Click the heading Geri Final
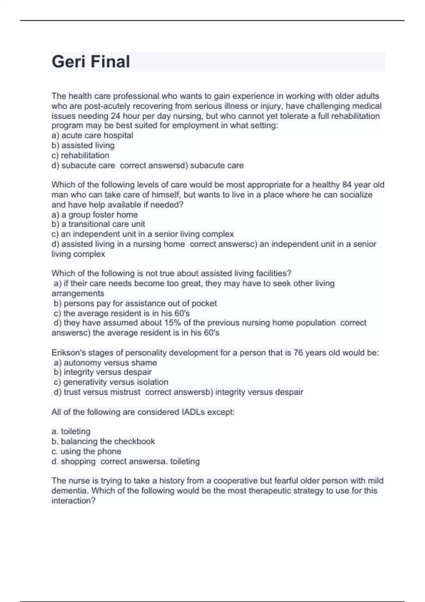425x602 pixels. click(91, 62)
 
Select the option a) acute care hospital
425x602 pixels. click(92, 135)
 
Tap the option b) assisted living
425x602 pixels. click(83, 145)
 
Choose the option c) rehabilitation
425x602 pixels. click(80, 155)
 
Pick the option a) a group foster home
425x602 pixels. click(95, 215)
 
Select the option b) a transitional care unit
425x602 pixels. click(98, 224)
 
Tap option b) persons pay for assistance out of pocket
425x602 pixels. click(135, 303)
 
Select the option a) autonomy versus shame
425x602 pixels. click(105, 363)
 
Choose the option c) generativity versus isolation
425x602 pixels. click(111, 382)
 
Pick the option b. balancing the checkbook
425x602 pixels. click(103, 441)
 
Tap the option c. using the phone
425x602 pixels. click(86, 451)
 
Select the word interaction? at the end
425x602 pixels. click(73, 501)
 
